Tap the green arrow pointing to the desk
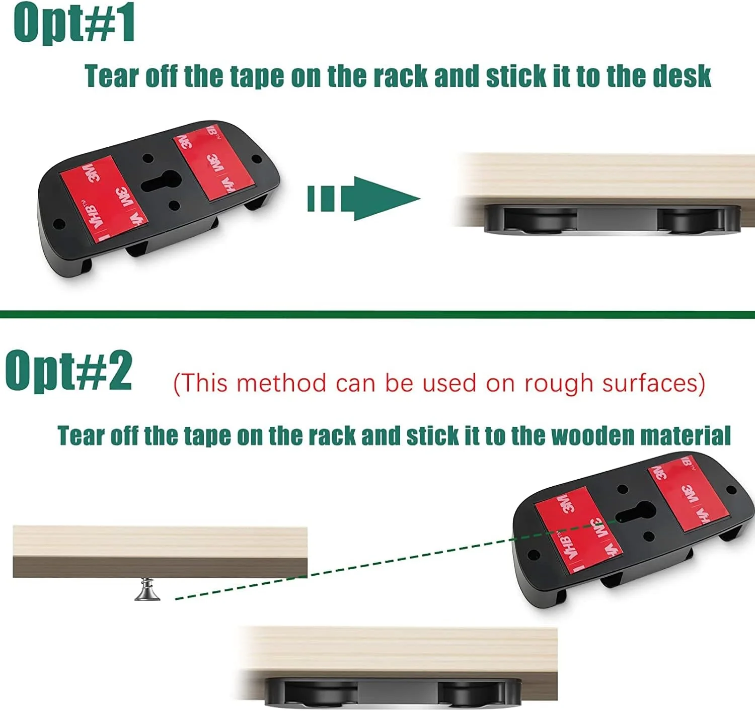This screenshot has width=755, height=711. point(364,198)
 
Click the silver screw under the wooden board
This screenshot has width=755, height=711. point(147,589)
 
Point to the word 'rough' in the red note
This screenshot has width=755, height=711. point(559,384)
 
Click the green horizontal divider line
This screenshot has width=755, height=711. point(377,314)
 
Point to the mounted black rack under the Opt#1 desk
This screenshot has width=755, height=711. point(613,220)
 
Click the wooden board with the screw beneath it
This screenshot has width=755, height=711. point(160,552)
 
